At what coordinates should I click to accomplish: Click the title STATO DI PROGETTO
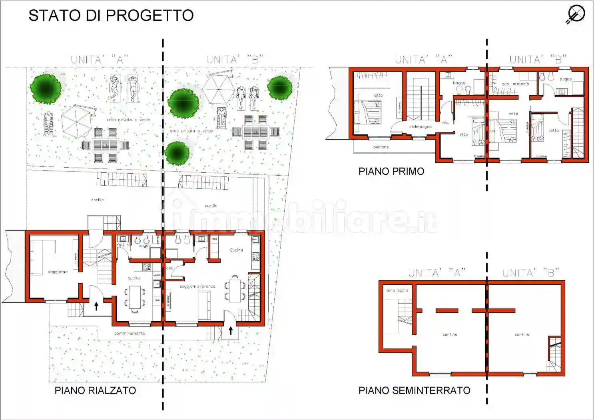[111, 16]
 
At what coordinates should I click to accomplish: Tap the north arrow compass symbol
[576, 14]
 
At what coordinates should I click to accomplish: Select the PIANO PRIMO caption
[391, 171]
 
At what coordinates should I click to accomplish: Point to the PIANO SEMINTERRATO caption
[414, 390]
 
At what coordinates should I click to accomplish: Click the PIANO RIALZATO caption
[95, 390]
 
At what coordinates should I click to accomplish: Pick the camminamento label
[130, 333]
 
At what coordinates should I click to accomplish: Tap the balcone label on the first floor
[381, 147]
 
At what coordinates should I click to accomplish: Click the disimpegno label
[420, 127]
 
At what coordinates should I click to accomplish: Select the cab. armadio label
[515, 84]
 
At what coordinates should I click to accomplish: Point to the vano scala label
[397, 290]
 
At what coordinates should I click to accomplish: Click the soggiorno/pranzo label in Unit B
[197, 286]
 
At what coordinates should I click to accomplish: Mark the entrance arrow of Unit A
[96, 306]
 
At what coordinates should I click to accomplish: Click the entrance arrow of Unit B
[231, 330]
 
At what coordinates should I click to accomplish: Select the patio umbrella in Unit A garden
[77, 121]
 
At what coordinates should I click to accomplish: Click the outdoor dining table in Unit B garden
[256, 132]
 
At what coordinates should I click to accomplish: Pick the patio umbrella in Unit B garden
[218, 89]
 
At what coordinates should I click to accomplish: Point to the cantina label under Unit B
[522, 334]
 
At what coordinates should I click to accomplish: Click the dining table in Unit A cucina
[135, 298]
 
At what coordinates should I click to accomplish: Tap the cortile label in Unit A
[97, 200]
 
